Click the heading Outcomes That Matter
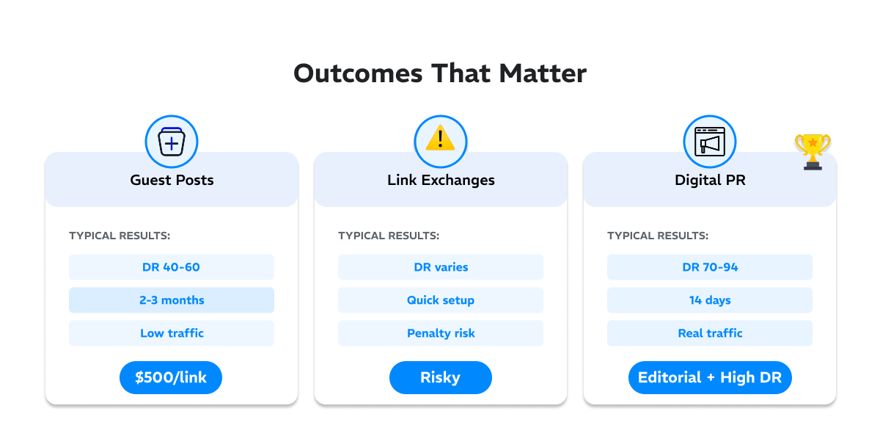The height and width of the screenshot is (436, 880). [440, 74]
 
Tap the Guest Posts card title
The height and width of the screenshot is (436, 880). [172, 180]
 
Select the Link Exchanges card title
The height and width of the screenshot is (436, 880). [441, 180]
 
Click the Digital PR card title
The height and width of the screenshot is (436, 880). [710, 180]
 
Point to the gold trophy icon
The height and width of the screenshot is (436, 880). [813, 151]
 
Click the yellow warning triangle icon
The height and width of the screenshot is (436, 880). [441, 139]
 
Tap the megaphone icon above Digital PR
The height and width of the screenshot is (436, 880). [710, 141]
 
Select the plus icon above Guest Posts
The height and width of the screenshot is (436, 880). [172, 142]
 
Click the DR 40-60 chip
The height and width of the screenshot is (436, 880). [172, 267]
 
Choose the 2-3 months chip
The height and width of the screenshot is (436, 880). [172, 300]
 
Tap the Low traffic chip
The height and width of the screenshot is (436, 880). [172, 333]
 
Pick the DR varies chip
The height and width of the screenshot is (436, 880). [441, 267]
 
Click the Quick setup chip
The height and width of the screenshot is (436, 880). [441, 300]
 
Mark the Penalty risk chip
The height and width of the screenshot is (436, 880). [441, 333]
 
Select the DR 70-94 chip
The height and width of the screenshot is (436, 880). [710, 267]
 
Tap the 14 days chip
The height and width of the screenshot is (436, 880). [710, 300]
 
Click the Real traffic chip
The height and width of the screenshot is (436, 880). [710, 333]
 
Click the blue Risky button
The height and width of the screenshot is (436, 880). [441, 378]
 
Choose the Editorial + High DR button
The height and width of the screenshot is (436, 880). [710, 378]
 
